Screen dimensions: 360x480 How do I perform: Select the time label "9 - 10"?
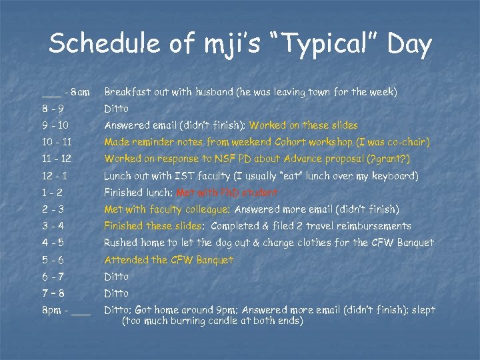pos(55,125)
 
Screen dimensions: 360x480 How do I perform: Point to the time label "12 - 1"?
pos(55,176)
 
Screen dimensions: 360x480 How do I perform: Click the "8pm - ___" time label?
pos(65,310)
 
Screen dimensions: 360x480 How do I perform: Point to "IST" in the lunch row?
pos(184,176)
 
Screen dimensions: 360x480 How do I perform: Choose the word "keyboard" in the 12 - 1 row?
pos(393,176)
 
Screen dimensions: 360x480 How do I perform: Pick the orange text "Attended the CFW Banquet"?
pos(169,260)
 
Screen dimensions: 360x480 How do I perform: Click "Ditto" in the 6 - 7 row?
pos(116,277)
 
